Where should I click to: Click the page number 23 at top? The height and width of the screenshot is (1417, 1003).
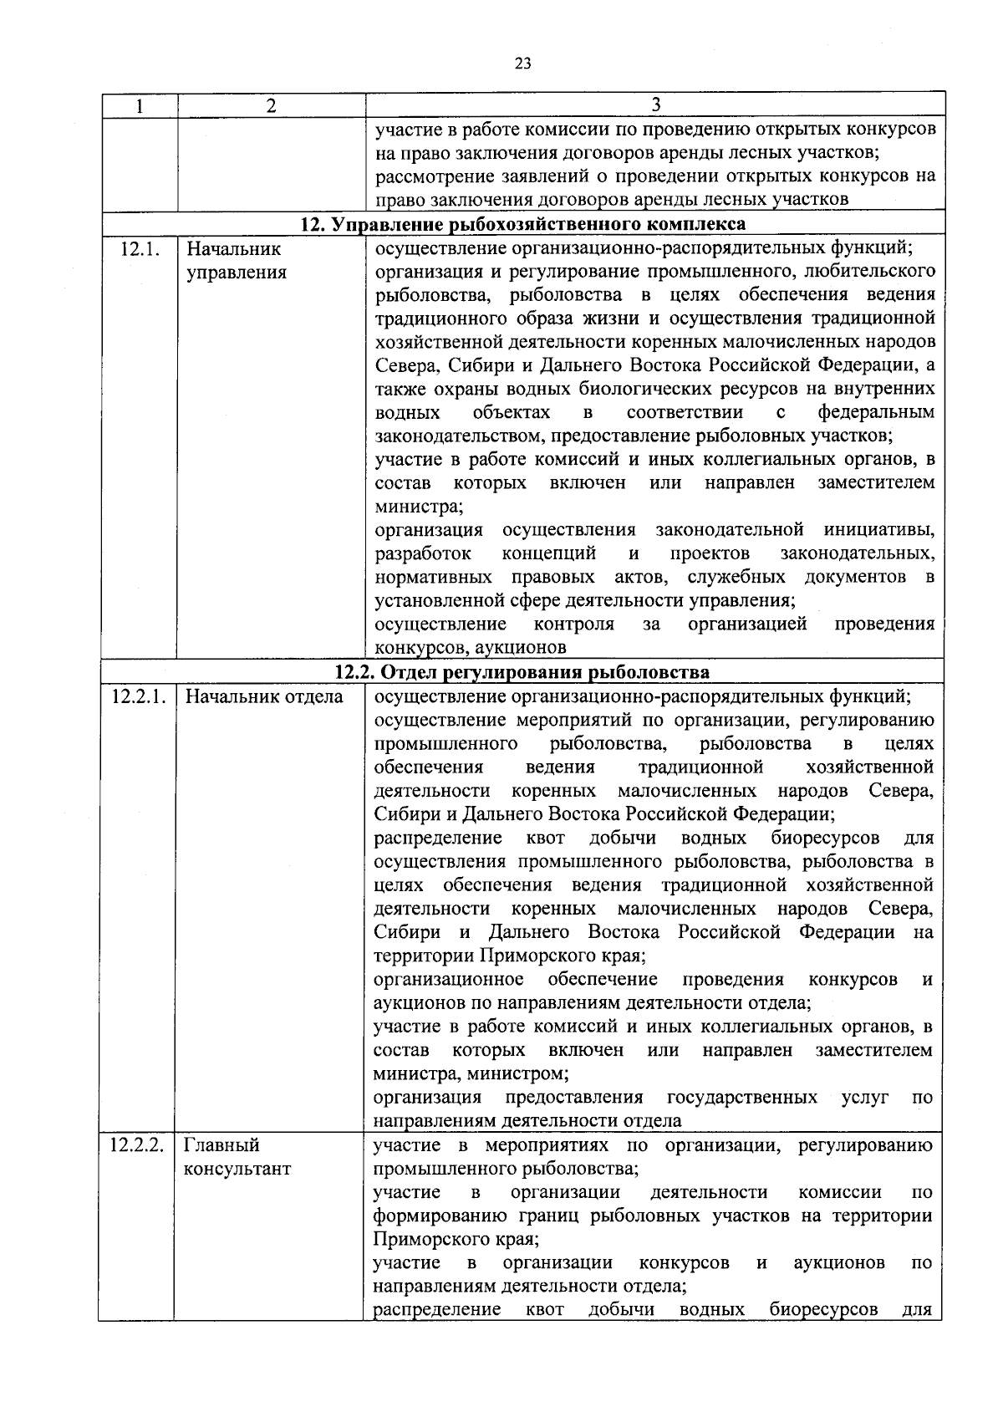[x=523, y=64]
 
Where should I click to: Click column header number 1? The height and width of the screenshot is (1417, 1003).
[x=139, y=105]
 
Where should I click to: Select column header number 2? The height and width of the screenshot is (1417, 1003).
[x=270, y=105]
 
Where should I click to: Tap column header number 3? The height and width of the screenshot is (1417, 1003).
[x=655, y=104]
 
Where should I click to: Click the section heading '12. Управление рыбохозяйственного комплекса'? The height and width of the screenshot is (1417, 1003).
[x=523, y=224]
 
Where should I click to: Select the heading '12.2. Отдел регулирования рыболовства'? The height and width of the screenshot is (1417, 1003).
[x=522, y=672]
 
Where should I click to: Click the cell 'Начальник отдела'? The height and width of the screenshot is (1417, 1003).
[x=264, y=696]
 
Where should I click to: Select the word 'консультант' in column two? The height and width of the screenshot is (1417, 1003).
[x=237, y=1169]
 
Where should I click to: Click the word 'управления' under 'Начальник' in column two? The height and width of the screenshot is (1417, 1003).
[x=237, y=273]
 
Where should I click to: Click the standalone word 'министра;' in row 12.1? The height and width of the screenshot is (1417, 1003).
[x=419, y=507]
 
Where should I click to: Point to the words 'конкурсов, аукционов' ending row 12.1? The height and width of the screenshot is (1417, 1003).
[x=471, y=648]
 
